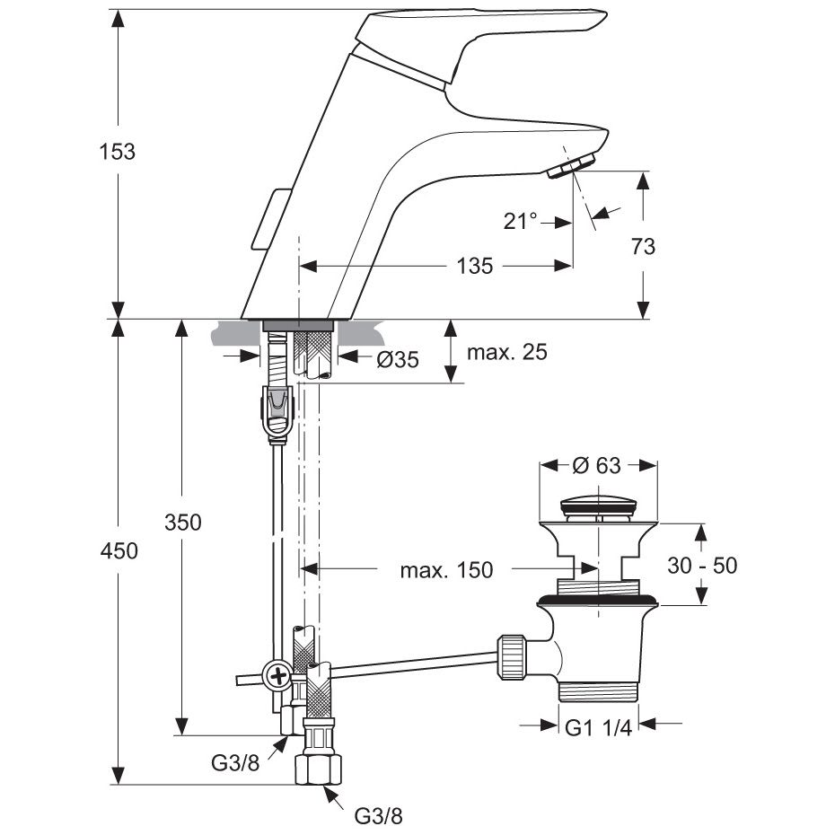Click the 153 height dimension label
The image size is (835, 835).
tap(118, 152)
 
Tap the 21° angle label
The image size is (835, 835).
tap(520, 221)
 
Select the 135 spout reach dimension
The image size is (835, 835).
tap(475, 266)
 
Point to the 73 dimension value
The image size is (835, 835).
tap(643, 246)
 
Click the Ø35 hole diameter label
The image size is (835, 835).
tap(398, 359)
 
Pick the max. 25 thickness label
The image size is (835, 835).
tap(506, 352)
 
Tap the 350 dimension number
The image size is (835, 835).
tap(183, 523)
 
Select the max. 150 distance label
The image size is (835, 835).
tap(446, 569)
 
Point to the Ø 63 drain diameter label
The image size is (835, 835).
tap(596, 465)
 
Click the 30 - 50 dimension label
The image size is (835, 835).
tap(703, 565)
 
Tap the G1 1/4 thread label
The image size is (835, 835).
tap(597, 728)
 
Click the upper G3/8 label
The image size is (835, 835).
tap(235, 763)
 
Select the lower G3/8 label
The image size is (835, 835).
tap(379, 816)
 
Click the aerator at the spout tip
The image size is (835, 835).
tap(574, 167)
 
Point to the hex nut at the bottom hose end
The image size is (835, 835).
tap(319, 768)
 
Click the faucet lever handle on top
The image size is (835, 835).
tap(485, 31)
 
